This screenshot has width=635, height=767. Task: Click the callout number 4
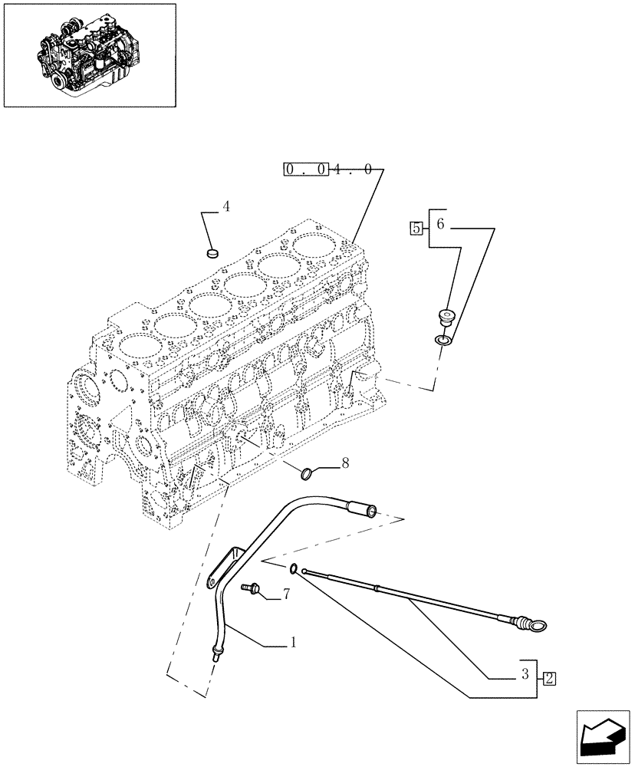[x=226, y=206]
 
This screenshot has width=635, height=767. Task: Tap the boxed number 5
[x=416, y=227]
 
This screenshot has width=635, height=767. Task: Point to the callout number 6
[x=440, y=224]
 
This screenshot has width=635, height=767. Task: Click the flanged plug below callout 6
[x=446, y=317]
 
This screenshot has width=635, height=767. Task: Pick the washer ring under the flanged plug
[x=443, y=338]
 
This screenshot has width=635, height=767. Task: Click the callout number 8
[x=345, y=463]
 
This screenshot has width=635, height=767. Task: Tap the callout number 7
[x=286, y=594]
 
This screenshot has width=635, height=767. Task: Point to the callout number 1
[x=293, y=645]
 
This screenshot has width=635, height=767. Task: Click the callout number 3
[x=524, y=674]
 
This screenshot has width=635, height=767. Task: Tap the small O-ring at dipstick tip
[x=294, y=568]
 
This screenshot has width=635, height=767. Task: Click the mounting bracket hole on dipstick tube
[x=211, y=583]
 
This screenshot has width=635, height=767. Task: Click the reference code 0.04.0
[x=329, y=169]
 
